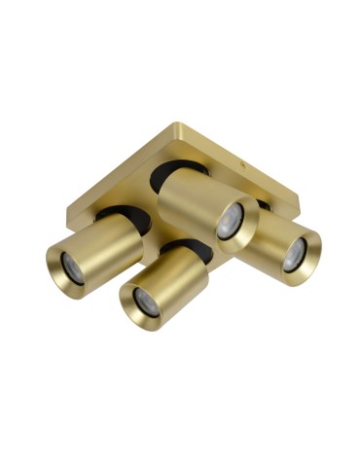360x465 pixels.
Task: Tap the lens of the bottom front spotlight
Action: pos(146,303)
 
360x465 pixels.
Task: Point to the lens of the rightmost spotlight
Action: pos(295,255)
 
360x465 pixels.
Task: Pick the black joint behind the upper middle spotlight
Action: pos(191,167)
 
